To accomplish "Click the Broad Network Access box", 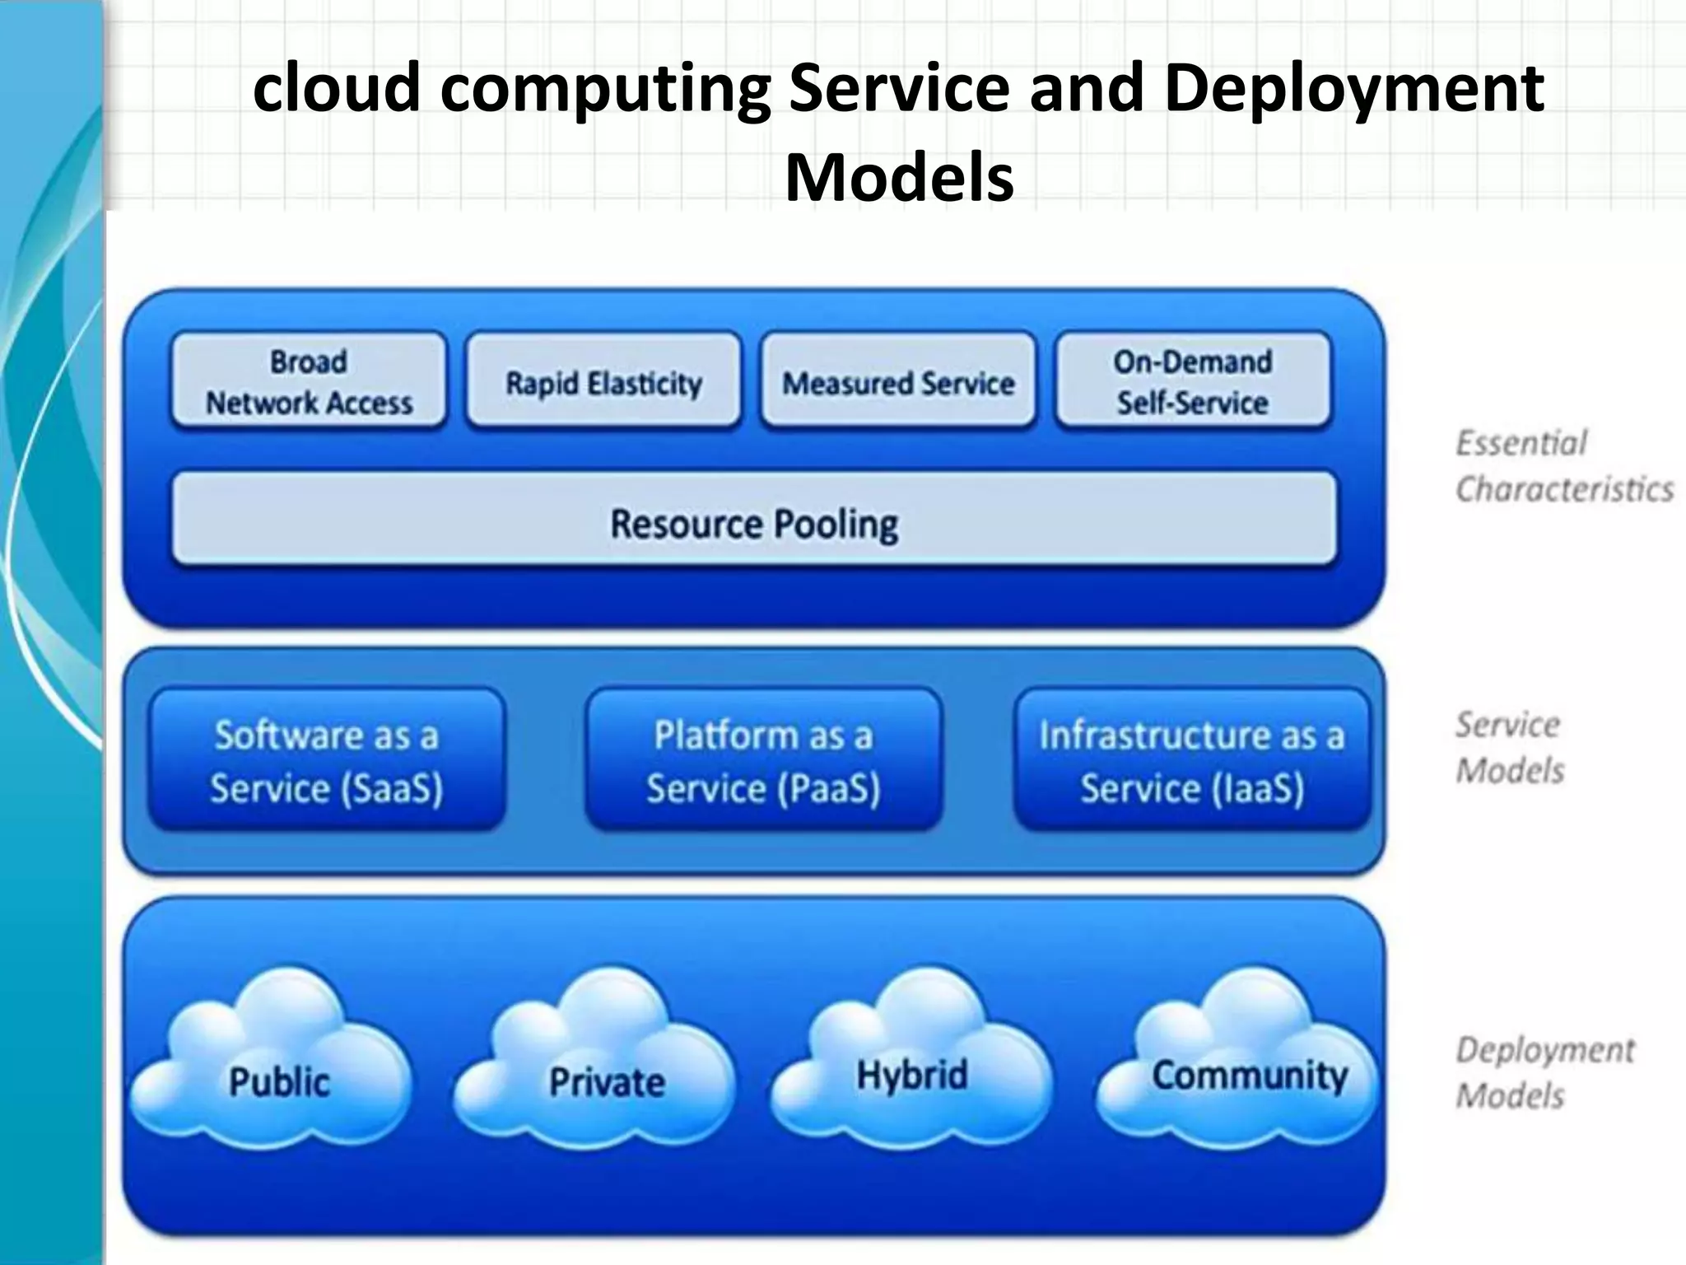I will (309, 381).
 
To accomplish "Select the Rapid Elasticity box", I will (603, 381).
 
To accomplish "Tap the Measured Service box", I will (897, 381).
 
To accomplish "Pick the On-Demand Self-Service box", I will (1193, 381).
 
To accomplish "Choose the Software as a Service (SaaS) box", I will (327, 760).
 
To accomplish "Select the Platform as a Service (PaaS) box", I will (763, 760).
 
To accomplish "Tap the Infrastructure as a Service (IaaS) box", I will (1192, 760).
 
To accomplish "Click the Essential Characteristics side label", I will (1563, 466).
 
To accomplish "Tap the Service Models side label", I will (1508, 748).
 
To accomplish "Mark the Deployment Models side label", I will (1544, 1073).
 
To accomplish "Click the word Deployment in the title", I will (1353, 89).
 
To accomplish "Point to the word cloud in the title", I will (336, 89).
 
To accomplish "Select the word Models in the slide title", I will (899, 177).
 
